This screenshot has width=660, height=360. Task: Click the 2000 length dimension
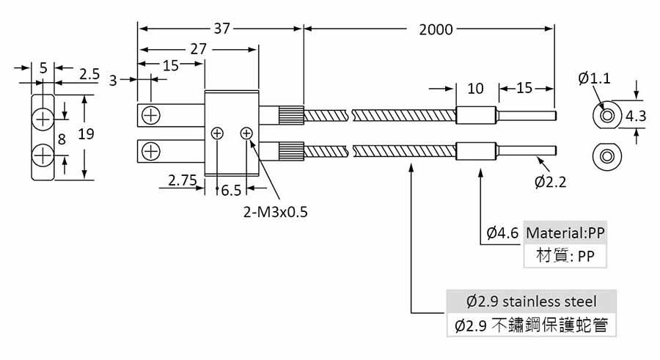(436, 29)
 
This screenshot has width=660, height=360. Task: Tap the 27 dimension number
(198, 49)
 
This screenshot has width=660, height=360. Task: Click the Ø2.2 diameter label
(551, 180)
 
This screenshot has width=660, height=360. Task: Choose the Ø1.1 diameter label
(594, 78)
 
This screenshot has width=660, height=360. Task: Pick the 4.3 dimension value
(636, 116)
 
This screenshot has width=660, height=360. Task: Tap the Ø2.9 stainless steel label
(532, 301)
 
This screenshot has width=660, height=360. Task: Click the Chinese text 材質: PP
(565, 257)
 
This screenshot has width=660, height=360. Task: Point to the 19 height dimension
(85, 135)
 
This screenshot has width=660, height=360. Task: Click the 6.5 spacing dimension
(231, 191)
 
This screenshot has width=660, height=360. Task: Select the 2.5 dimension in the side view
(90, 74)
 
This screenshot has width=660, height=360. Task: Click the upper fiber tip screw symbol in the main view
(151, 115)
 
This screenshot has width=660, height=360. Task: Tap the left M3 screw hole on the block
(218, 133)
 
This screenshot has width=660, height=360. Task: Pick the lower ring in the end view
(606, 155)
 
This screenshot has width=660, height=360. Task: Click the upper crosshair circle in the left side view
(43, 117)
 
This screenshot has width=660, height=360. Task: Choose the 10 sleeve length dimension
(475, 89)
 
